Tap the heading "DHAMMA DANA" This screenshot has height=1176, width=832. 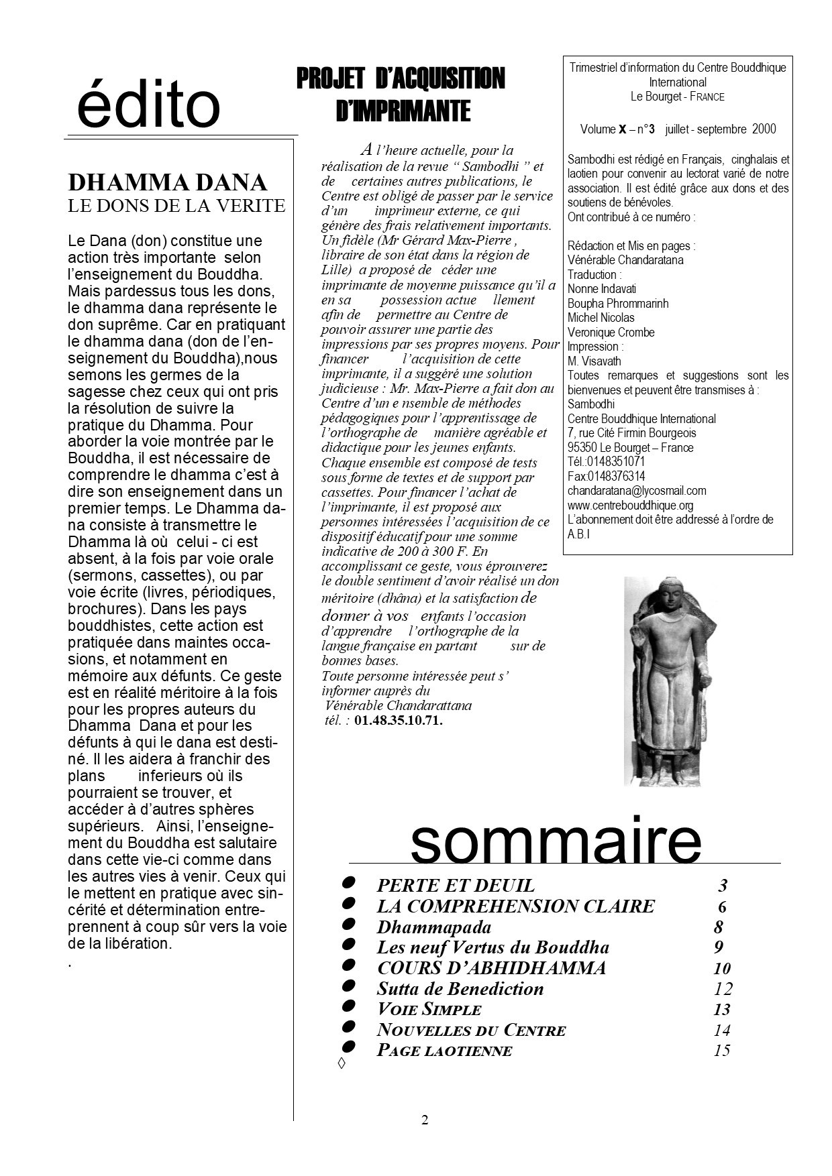(x=168, y=182)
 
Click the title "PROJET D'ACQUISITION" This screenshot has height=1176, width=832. (x=400, y=79)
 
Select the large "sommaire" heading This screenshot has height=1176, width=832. (x=556, y=840)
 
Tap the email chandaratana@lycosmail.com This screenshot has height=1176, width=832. (x=637, y=491)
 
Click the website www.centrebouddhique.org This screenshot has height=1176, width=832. (x=630, y=505)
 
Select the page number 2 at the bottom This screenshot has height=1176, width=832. (x=425, y=1120)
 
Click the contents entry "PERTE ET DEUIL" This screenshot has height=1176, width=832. (x=456, y=886)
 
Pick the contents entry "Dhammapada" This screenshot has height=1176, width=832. (x=433, y=927)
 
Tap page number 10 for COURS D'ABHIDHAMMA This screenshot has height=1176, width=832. (x=721, y=968)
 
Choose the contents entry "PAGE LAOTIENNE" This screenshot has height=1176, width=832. (x=444, y=1051)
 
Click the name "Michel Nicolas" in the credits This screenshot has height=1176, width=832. (x=601, y=318)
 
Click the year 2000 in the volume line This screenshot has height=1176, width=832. (x=764, y=129)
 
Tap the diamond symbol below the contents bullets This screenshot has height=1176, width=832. (x=342, y=1064)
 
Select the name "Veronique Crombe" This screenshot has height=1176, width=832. (x=611, y=333)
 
